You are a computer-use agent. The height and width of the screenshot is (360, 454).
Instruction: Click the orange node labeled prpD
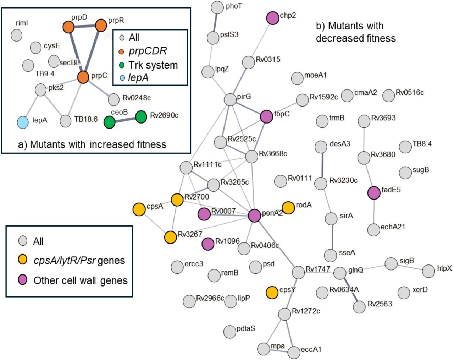pyautogui.click(x=68, y=27)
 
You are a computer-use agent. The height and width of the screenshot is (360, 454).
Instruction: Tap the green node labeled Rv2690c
pyautogui.click(x=141, y=117)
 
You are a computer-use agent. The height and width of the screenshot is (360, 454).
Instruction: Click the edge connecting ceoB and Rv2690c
pyautogui.click(x=125, y=120)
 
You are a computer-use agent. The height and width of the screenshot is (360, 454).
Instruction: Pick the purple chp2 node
pyautogui.click(x=272, y=18)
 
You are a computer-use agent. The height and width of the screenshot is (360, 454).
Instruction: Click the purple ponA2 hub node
pyautogui.click(x=254, y=216)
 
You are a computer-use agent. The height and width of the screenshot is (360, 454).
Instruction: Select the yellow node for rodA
pyautogui.click(x=288, y=208)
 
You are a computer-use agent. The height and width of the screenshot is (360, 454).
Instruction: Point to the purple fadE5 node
pyautogui.click(x=374, y=192)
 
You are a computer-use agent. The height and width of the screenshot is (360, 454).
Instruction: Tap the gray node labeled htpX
pyautogui.click(x=429, y=271)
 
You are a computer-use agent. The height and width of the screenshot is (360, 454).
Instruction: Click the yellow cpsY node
pyautogui.click(x=272, y=292)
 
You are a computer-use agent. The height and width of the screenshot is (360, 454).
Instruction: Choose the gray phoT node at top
pyautogui.click(x=217, y=7)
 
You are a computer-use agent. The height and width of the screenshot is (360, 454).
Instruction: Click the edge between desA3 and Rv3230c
pyautogui.click(x=321, y=165)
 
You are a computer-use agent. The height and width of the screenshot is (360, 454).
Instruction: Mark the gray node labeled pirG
pyautogui.click(x=231, y=99)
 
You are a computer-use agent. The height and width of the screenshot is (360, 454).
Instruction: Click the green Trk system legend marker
pyautogui.click(x=122, y=65)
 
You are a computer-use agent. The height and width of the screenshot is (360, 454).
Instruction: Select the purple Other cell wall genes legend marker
pyautogui.click(x=23, y=280)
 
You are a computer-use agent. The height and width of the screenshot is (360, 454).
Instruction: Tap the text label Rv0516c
pyautogui.click(x=410, y=93)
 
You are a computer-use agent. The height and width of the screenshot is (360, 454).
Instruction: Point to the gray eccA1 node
pyautogui.click(x=294, y=352)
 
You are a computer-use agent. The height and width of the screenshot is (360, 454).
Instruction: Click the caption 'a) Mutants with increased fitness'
pyautogui.click(x=92, y=144)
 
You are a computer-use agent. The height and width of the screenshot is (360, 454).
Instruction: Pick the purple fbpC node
pyautogui.click(x=266, y=116)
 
